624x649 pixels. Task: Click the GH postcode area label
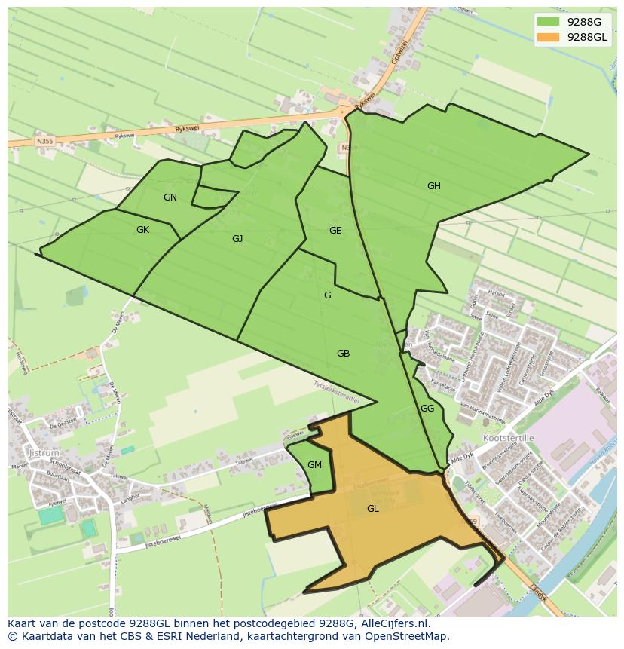pyautogui.click(x=433, y=186)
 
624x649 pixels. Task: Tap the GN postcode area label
pyautogui.click(x=170, y=197)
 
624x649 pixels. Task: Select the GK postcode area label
pyautogui.click(x=142, y=230)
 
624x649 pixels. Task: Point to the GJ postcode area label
pyautogui.click(x=237, y=239)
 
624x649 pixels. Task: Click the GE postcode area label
pyautogui.click(x=335, y=231)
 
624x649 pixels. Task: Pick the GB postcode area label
pyautogui.click(x=343, y=354)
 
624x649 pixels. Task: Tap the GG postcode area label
pyautogui.click(x=427, y=409)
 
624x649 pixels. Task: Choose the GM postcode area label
pyautogui.click(x=314, y=465)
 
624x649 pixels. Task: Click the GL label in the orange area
pyautogui.click(x=372, y=509)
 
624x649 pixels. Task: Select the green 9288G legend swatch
pyautogui.click(x=548, y=22)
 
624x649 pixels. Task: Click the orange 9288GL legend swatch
pyautogui.click(x=548, y=37)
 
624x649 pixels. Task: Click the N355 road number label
pyautogui.click(x=44, y=141)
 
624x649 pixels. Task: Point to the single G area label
pyautogui.click(x=327, y=295)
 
